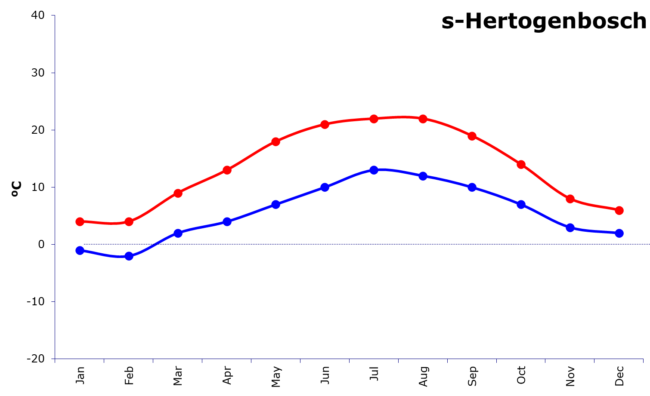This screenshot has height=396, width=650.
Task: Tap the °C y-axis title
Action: point(16,189)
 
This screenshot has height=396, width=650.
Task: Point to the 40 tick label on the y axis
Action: point(38,15)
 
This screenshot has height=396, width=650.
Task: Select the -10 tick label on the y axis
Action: point(35,301)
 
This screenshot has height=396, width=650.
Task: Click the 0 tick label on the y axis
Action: point(41,244)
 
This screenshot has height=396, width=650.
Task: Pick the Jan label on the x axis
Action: point(80,375)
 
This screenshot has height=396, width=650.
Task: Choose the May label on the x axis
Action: point(276,377)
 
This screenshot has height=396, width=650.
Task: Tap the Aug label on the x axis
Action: point(423,376)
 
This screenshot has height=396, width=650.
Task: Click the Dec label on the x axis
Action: point(619,376)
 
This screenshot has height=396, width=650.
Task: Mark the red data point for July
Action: point(374,119)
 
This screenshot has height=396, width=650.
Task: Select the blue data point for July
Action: point(374,170)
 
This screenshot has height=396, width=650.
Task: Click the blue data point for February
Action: point(129,256)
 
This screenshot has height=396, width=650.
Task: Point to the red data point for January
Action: point(80,222)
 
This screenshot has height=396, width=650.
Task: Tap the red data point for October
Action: point(521,165)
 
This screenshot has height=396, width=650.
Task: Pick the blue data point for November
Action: point(570,227)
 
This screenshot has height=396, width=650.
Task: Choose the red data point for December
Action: point(619,210)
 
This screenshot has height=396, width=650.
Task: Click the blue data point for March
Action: point(178,233)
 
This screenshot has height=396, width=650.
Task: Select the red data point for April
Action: point(227,170)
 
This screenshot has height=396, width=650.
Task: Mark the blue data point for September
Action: point(472,187)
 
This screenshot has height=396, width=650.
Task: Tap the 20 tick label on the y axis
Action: point(38,129)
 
